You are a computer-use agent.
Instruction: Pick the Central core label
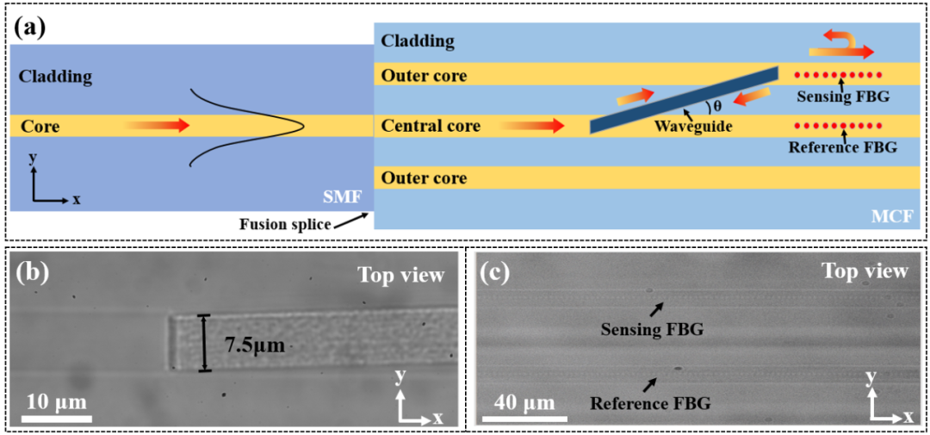[x=431, y=127]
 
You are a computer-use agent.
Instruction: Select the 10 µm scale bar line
[x=58, y=419]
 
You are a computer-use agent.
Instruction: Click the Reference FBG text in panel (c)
[x=650, y=402]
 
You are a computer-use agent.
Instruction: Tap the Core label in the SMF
[x=40, y=127]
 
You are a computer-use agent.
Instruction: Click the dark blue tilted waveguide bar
[x=685, y=99]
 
